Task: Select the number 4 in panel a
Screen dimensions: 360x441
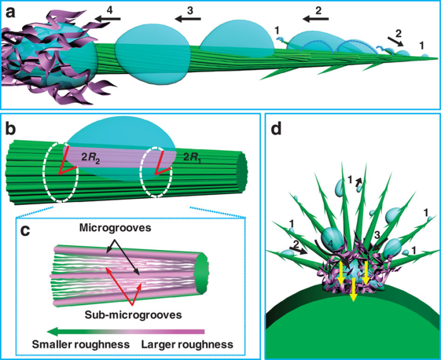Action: click(109, 8)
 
